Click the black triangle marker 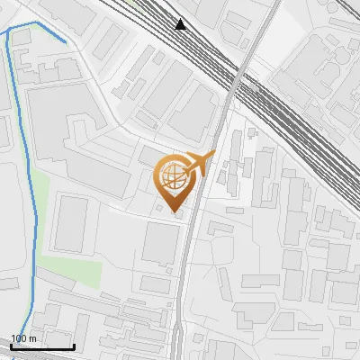pyautogui.click(x=181, y=24)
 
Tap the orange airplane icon pyautogui.click(x=199, y=164)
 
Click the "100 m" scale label pyautogui.click(x=22, y=338)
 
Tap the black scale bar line pyautogui.click(x=42, y=346)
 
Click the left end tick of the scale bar pyautogui.click(x=11, y=345)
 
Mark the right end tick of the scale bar pyautogui.click(x=74, y=345)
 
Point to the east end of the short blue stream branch pyautogui.click(x=66, y=42)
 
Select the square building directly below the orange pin pyautogui.click(x=162, y=244)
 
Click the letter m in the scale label pyautogui.click(x=31, y=338)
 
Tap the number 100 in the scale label pyautogui.click(x=19, y=338)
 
